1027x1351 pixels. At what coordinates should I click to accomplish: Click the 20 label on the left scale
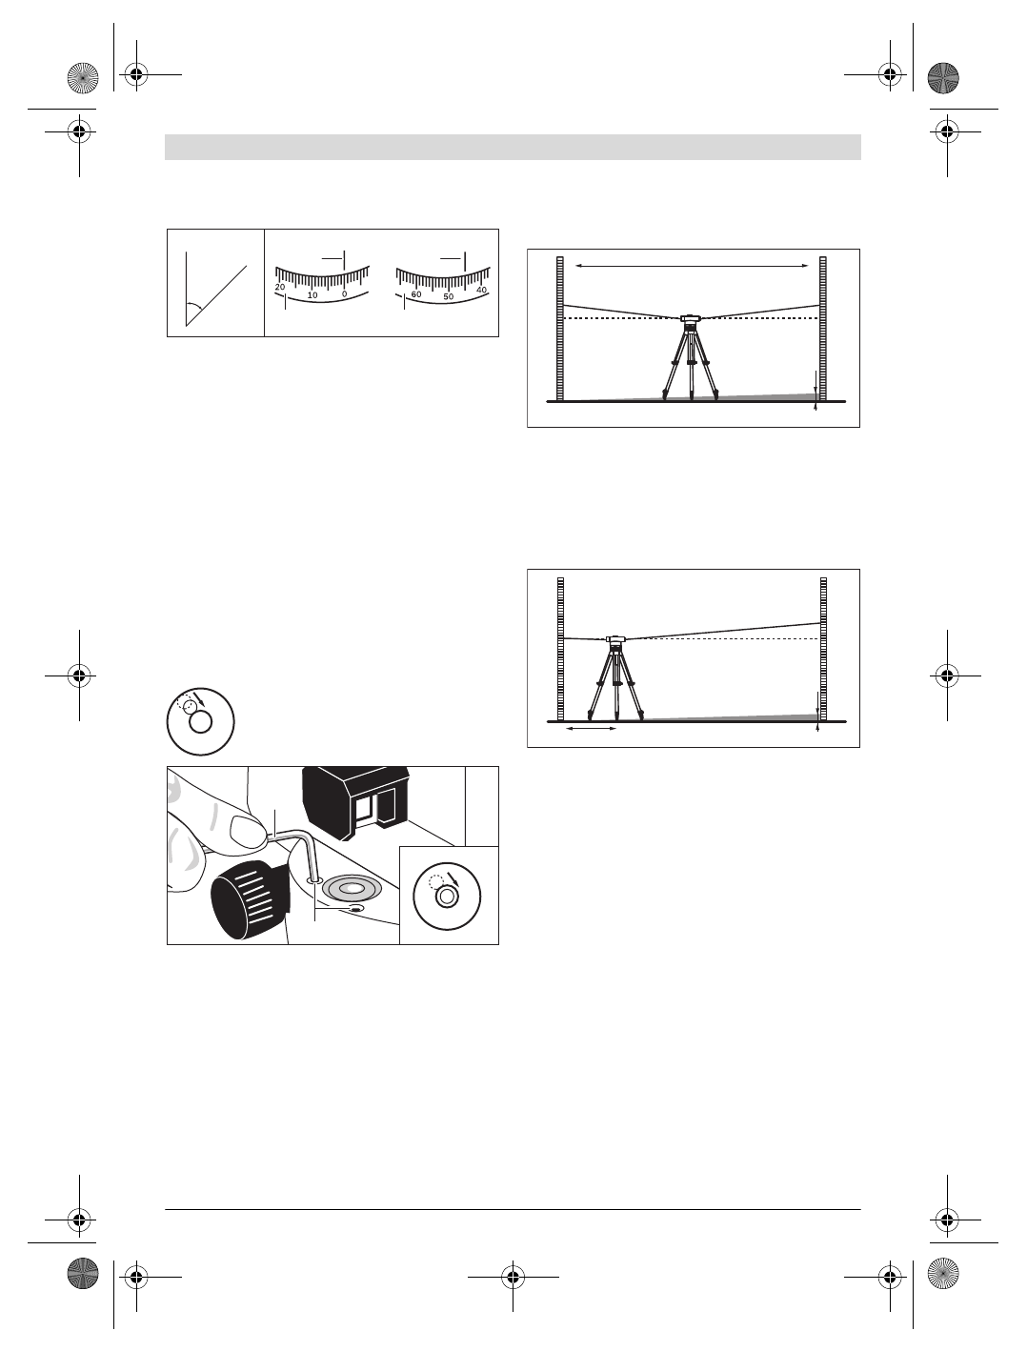point(280,287)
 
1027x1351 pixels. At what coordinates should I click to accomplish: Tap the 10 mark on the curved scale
point(312,293)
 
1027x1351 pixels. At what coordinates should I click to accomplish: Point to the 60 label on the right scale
point(416,294)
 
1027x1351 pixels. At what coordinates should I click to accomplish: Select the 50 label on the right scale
point(449,297)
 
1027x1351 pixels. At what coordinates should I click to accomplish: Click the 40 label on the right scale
point(481,290)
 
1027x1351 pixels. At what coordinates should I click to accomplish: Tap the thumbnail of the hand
point(246,832)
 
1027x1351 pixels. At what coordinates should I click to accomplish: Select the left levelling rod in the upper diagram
point(561,329)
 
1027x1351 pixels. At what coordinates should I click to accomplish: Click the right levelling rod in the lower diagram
point(822,648)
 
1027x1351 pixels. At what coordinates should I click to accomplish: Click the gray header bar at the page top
point(513,147)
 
